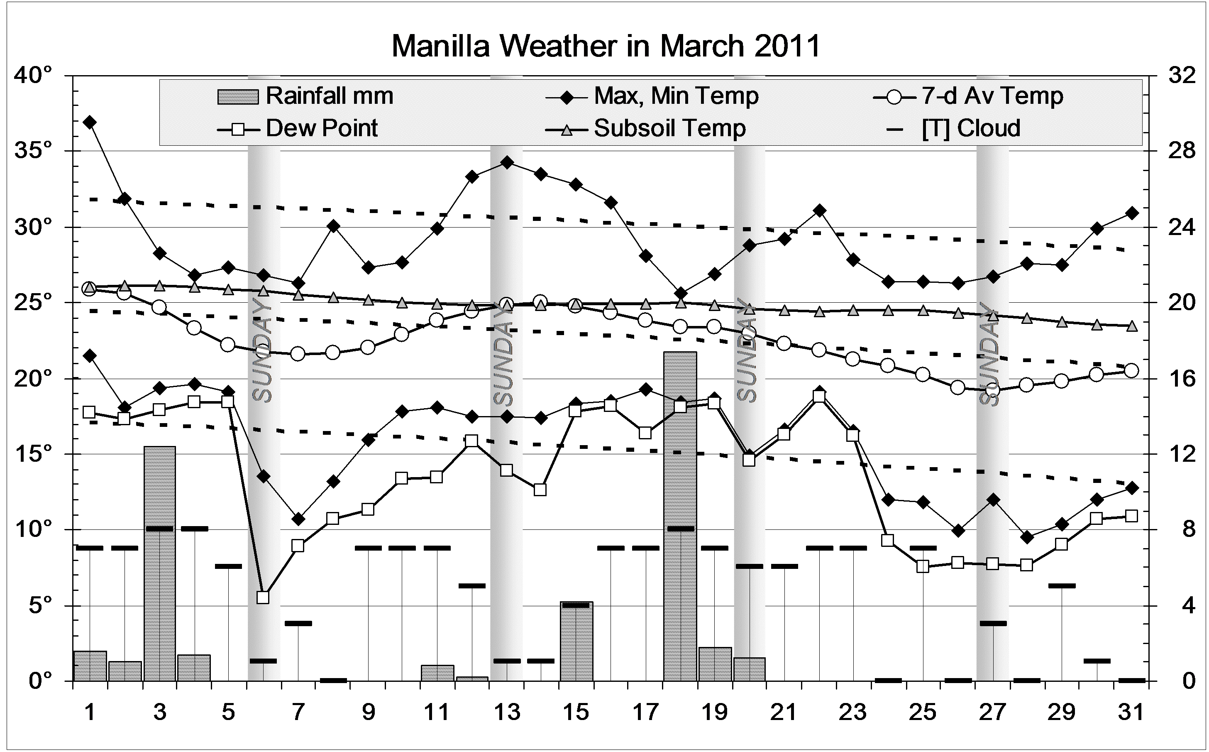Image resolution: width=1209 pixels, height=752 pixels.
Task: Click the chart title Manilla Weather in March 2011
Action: click(606, 46)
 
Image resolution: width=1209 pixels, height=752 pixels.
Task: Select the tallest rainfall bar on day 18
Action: click(680, 517)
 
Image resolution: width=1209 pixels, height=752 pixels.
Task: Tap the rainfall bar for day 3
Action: click(159, 564)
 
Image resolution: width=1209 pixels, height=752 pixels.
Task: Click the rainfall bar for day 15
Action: click(576, 642)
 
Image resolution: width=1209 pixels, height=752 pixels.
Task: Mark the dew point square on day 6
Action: click(263, 597)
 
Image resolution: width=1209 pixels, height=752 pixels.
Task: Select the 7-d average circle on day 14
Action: click(541, 301)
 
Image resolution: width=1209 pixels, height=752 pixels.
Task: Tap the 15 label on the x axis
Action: click(576, 713)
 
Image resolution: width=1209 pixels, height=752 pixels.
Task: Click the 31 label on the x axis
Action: click(1131, 713)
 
